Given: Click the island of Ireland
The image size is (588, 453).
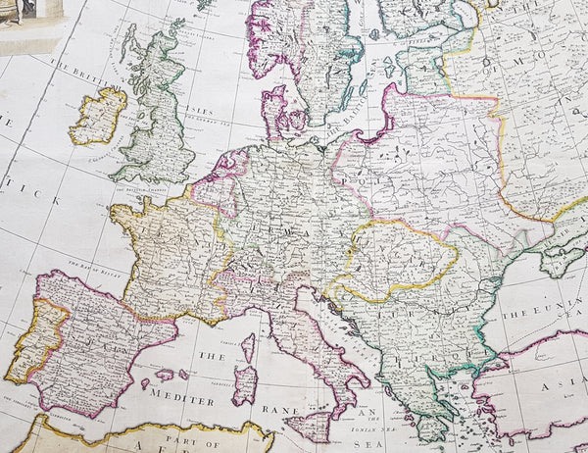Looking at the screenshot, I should pos(97,116).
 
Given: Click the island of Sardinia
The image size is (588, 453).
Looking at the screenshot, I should pos(244,383).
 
